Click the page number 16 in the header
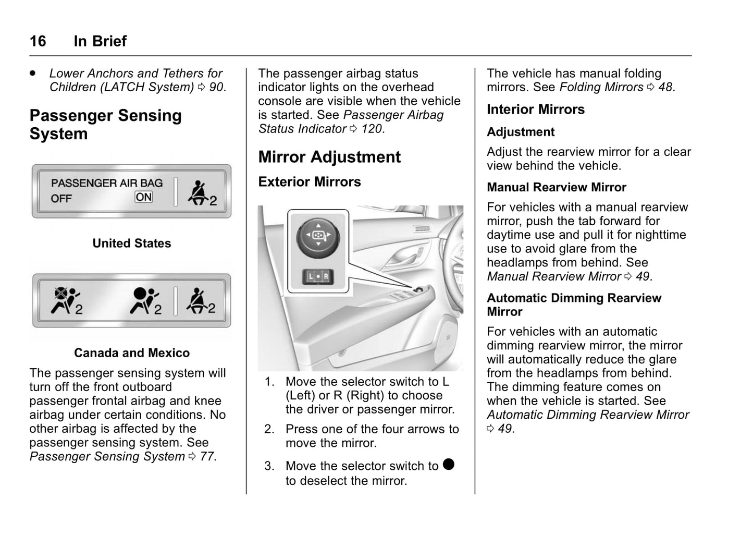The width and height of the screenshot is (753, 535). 38,41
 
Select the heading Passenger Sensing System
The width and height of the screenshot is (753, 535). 105,125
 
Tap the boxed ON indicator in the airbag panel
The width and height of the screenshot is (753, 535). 144,197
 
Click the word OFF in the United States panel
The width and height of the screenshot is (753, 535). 61,199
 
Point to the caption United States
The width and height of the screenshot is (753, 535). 132,244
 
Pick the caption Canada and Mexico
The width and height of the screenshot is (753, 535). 132,353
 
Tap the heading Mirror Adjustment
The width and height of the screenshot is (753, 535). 329,157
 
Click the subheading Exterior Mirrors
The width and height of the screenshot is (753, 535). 310,182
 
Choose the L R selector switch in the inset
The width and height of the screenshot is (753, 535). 318,276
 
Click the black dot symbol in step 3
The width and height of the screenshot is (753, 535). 449,464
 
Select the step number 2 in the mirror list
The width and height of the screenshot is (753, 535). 269,429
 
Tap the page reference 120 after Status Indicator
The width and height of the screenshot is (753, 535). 372,129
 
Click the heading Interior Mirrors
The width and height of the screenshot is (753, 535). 536,110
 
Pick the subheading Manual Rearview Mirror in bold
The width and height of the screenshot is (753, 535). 557,187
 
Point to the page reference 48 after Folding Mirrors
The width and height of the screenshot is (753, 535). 665,87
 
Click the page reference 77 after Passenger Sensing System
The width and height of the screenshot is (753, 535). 207,457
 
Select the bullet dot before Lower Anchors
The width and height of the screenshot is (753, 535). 33,73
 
